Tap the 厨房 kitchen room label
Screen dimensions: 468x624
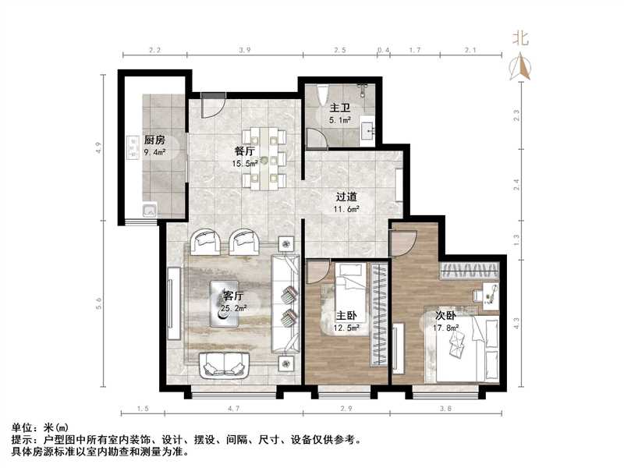(x=154, y=140)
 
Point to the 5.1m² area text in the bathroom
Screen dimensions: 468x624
(x=339, y=121)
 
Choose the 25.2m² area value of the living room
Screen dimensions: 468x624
(x=234, y=308)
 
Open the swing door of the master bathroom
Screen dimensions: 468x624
(x=316, y=138)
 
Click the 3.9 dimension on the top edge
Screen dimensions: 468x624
(x=244, y=50)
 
